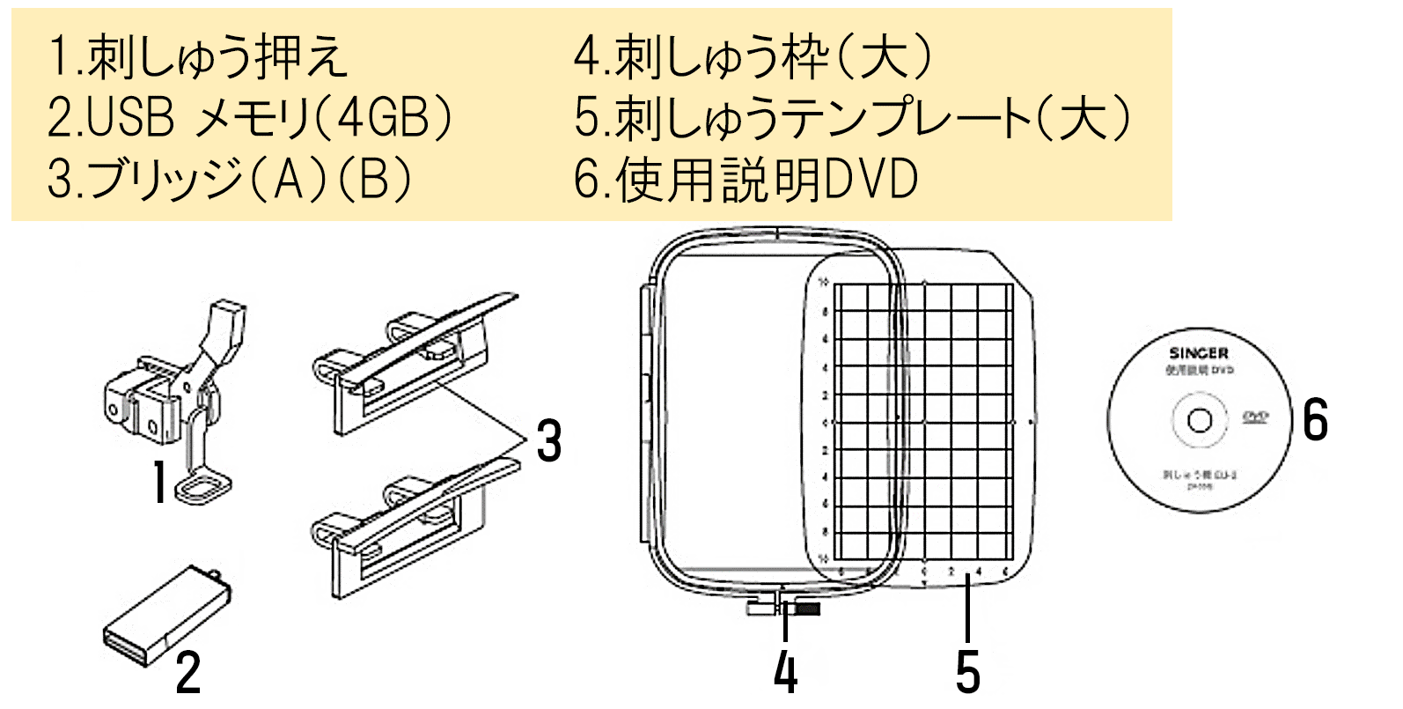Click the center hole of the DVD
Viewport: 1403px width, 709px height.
point(1198,420)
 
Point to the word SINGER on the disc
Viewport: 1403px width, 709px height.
point(1198,353)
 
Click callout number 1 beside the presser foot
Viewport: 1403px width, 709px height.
point(159,483)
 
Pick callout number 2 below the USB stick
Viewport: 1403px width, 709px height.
point(188,673)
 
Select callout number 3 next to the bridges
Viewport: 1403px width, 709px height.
point(549,441)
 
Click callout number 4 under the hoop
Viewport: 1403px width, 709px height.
point(785,673)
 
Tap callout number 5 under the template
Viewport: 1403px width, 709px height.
point(967,673)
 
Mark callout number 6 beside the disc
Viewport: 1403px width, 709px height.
point(1315,419)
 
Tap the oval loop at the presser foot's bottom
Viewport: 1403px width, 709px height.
point(204,487)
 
